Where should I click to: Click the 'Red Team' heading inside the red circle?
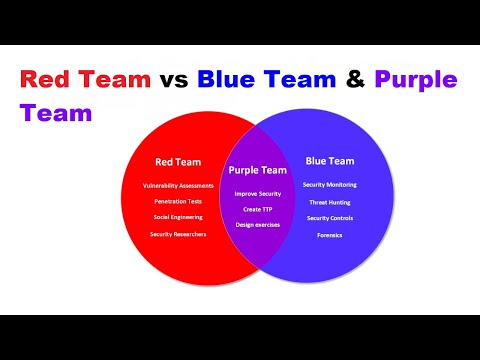coord(177,161)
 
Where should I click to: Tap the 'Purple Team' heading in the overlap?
coord(258,171)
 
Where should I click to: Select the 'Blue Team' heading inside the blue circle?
coord(329,159)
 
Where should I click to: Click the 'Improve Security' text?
coord(258,193)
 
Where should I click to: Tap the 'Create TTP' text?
coord(258,209)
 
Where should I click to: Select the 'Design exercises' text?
coord(258,224)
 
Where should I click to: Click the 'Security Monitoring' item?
coord(329,185)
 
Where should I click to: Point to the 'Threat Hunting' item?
coord(329,202)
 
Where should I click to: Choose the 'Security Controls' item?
coord(329,218)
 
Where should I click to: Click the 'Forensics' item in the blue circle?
coord(329,236)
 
